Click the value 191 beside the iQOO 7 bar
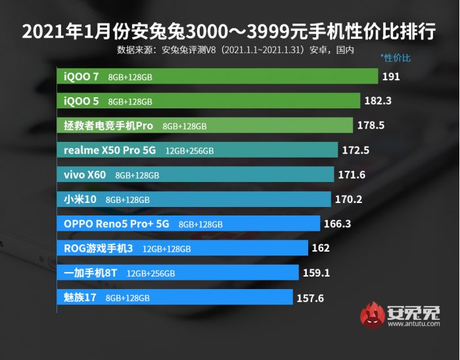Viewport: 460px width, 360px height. [x=391, y=77]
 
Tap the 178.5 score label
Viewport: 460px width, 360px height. [x=371, y=125]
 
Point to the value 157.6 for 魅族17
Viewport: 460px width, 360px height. [x=311, y=298]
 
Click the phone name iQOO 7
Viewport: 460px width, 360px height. [x=81, y=77]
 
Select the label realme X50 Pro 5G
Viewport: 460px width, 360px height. [x=110, y=150]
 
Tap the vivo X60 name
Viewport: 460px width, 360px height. [x=85, y=175]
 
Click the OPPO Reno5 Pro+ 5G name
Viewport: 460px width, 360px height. [x=116, y=224]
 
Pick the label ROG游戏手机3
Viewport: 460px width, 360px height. [x=99, y=248]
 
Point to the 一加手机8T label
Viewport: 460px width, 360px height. [x=90, y=273]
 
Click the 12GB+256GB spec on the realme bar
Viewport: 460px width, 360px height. [x=189, y=151]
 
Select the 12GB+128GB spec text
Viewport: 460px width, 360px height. [x=166, y=249]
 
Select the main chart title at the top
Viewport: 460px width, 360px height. [x=229, y=31]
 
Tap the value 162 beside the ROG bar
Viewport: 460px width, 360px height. [x=321, y=248]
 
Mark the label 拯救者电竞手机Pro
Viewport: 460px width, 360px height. [x=108, y=125]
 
